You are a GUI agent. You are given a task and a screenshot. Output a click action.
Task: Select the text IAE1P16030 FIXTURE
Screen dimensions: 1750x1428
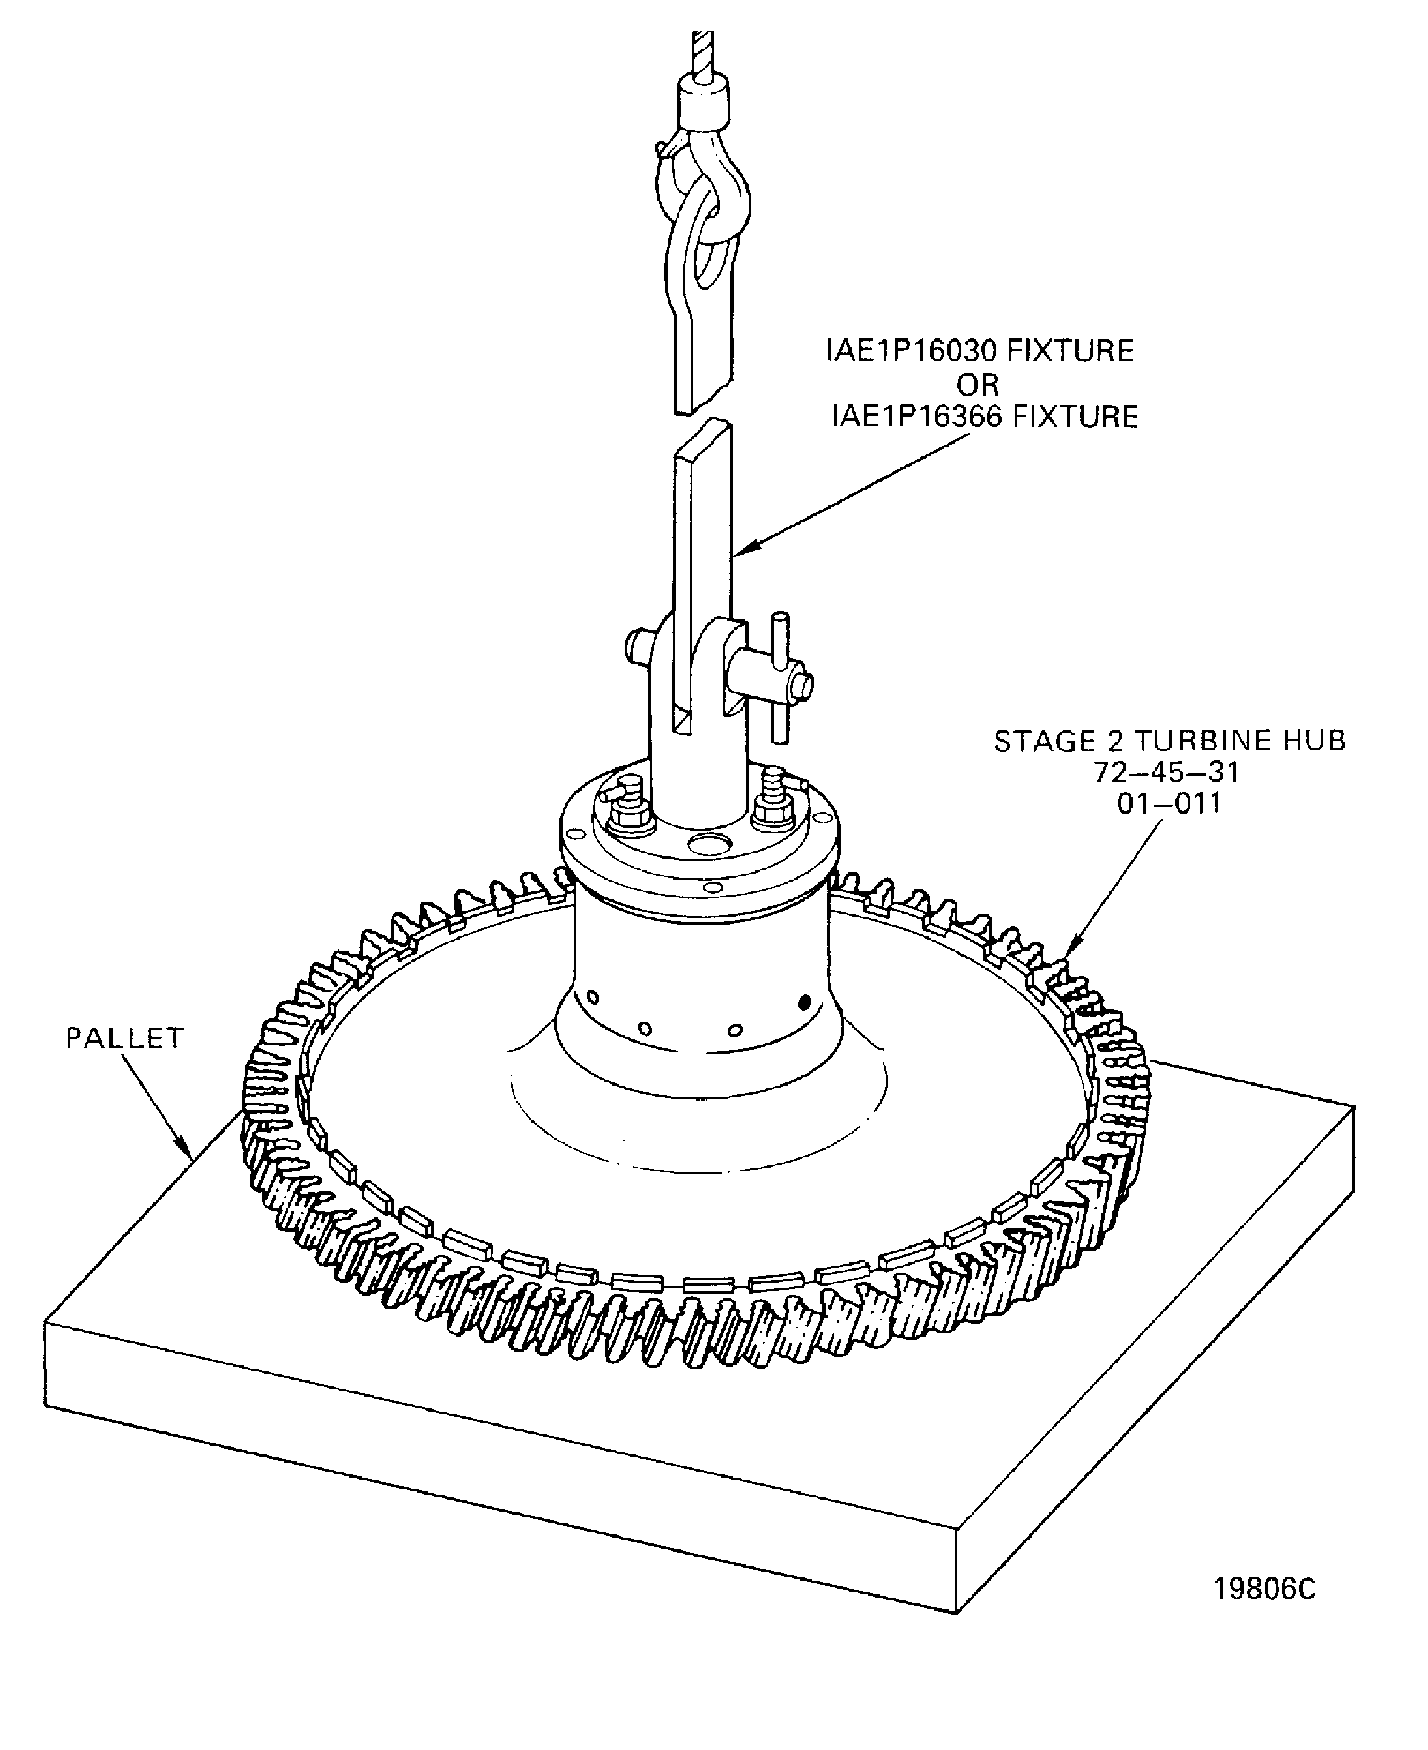point(980,351)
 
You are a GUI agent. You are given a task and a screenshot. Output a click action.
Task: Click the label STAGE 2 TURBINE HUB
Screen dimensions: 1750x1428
point(1170,741)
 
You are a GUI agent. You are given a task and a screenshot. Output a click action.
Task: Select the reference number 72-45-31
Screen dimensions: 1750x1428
point(1166,773)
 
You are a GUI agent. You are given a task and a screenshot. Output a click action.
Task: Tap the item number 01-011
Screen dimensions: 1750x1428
point(1168,803)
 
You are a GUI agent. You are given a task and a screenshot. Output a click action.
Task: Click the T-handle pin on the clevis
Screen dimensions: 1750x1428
point(779,676)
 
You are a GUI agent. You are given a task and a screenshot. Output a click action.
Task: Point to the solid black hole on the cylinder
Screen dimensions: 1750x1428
point(805,1001)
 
